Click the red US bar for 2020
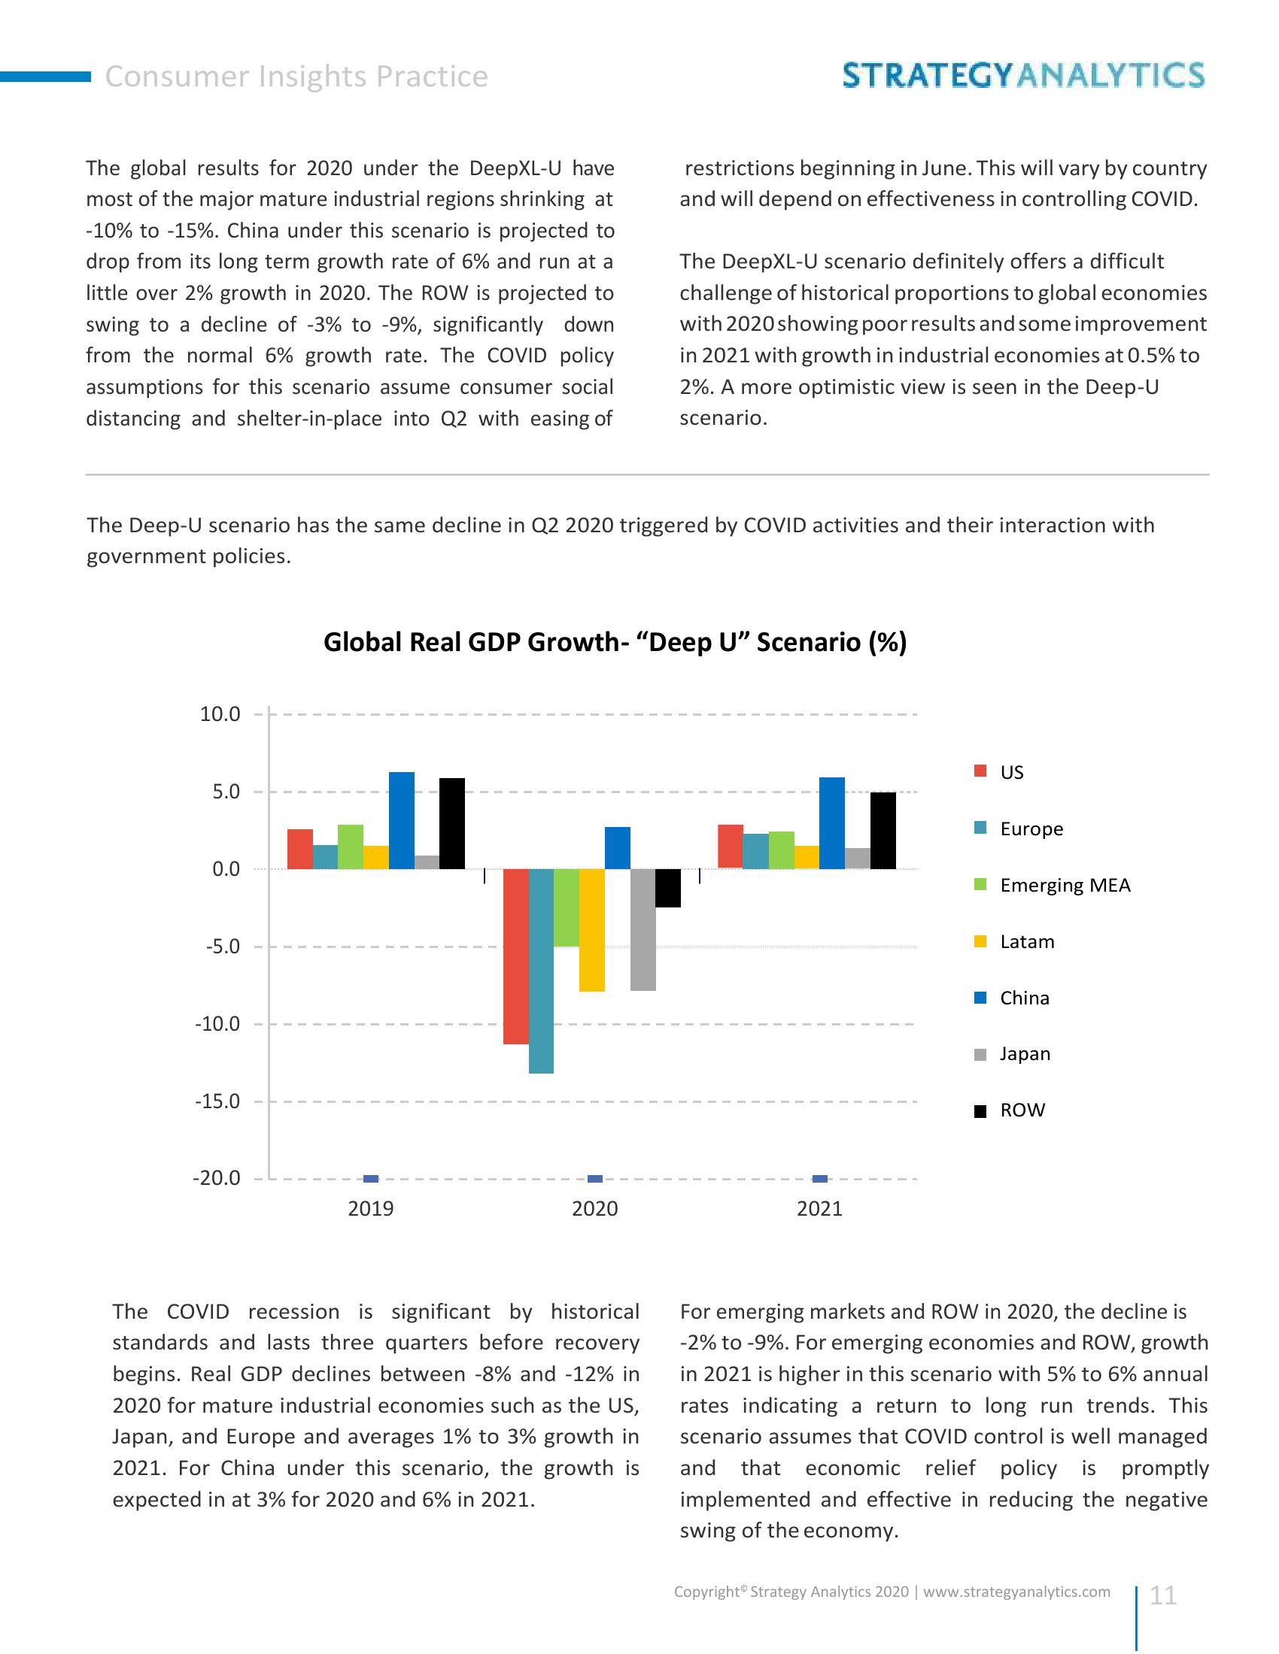point(516,956)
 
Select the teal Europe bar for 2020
point(541,970)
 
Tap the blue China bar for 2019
point(402,820)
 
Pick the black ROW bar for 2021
point(883,830)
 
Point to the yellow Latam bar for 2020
point(592,929)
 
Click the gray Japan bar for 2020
point(643,929)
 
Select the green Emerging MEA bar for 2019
point(351,846)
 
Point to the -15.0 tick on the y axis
point(217,1101)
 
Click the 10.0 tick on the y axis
point(220,714)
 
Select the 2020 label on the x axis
point(595,1209)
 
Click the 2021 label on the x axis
point(819,1209)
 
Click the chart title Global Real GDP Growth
point(615,642)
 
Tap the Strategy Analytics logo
point(1023,76)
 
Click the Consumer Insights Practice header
point(296,77)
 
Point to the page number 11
point(1162,1595)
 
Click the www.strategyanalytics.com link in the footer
point(1017,1592)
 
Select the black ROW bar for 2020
point(667,888)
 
